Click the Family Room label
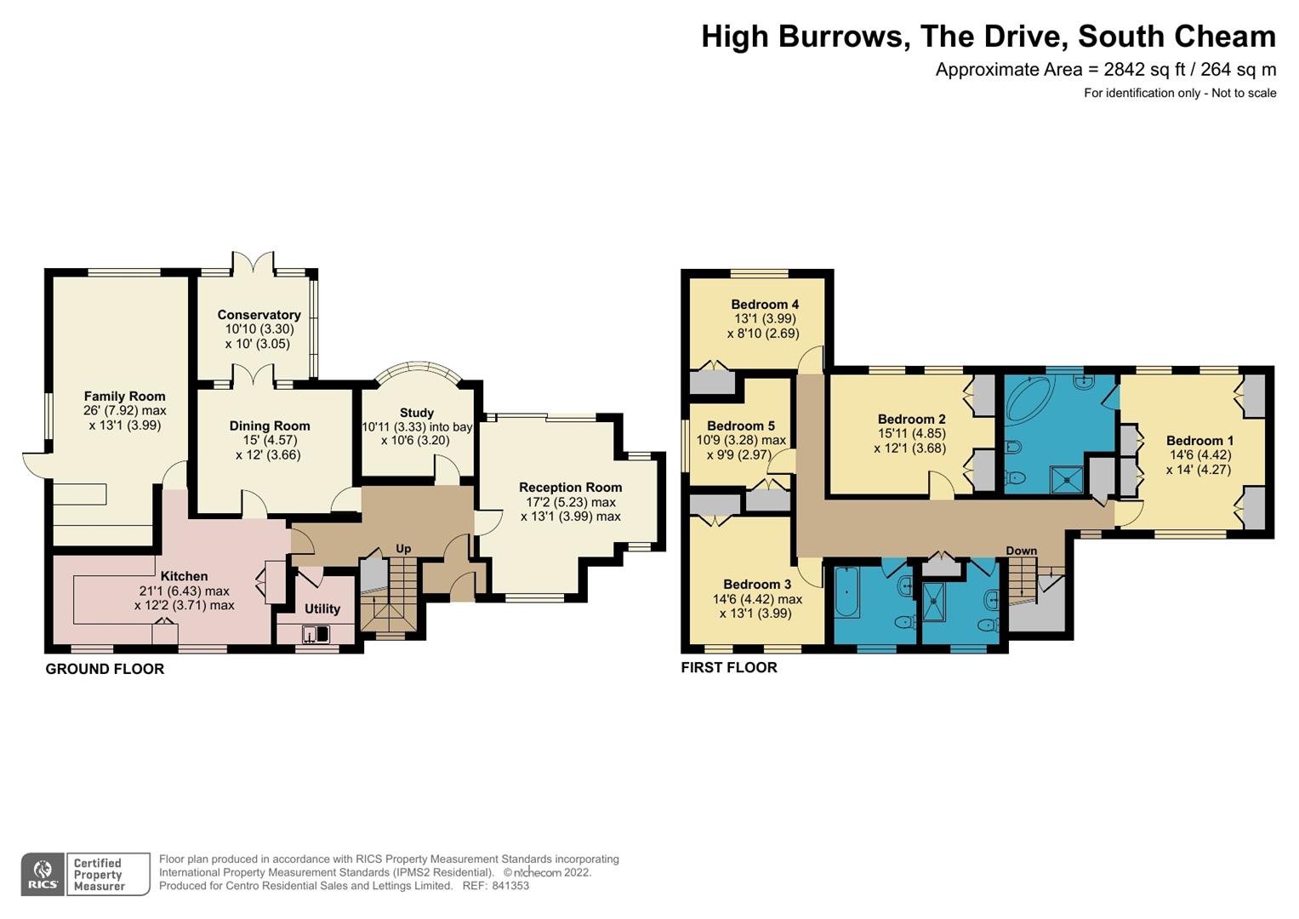click(x=125, y=397)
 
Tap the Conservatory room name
click(x=259, y=315)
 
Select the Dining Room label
click(x=270, y=425)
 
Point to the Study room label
click(x=417, y=413)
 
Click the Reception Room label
click(x=571, y=488)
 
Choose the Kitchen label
click(x=184, y=576)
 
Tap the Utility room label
click(x=322, y=608)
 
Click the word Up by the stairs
click(x=403, y=549)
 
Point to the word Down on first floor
click(x=1021, y=551)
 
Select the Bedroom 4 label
click(x=765, y=304)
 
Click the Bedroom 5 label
click(x=741, y=425)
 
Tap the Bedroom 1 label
click(x=1199, y=441)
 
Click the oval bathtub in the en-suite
click(x=1031, y=400)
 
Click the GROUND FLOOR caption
click(x=105, y=669)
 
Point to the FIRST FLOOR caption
click(x=729, y=668)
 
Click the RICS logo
click(x=43, y=874)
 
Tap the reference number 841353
click(x=511, y=886)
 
